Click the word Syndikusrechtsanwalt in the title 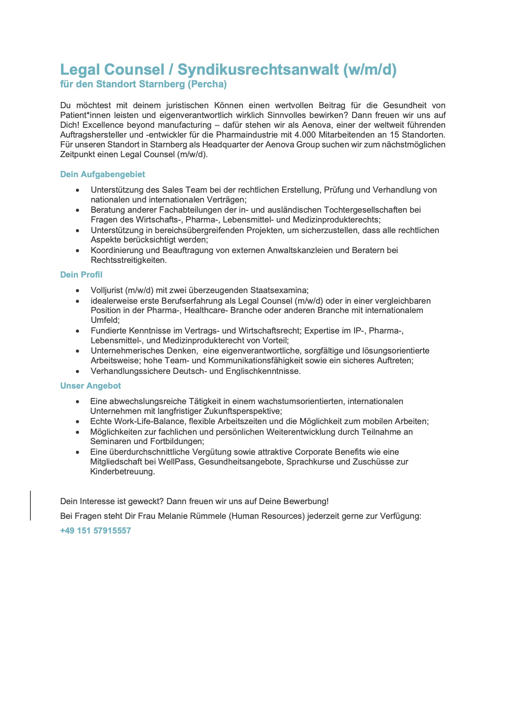(x=258, y=70)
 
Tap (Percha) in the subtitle (x=207, y=84)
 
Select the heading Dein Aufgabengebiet (x=102, y=174)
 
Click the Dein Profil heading (x=81, y=275)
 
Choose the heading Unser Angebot (x=91, y=386)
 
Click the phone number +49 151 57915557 (x=95, y=531)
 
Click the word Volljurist (x=107, y=290)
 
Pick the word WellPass (x=176, y=462)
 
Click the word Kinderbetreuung (x=122, y=471)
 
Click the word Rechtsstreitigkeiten (x=129, y=260)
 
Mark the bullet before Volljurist (x=78, y=291)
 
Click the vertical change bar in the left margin (x=31, y=505)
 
